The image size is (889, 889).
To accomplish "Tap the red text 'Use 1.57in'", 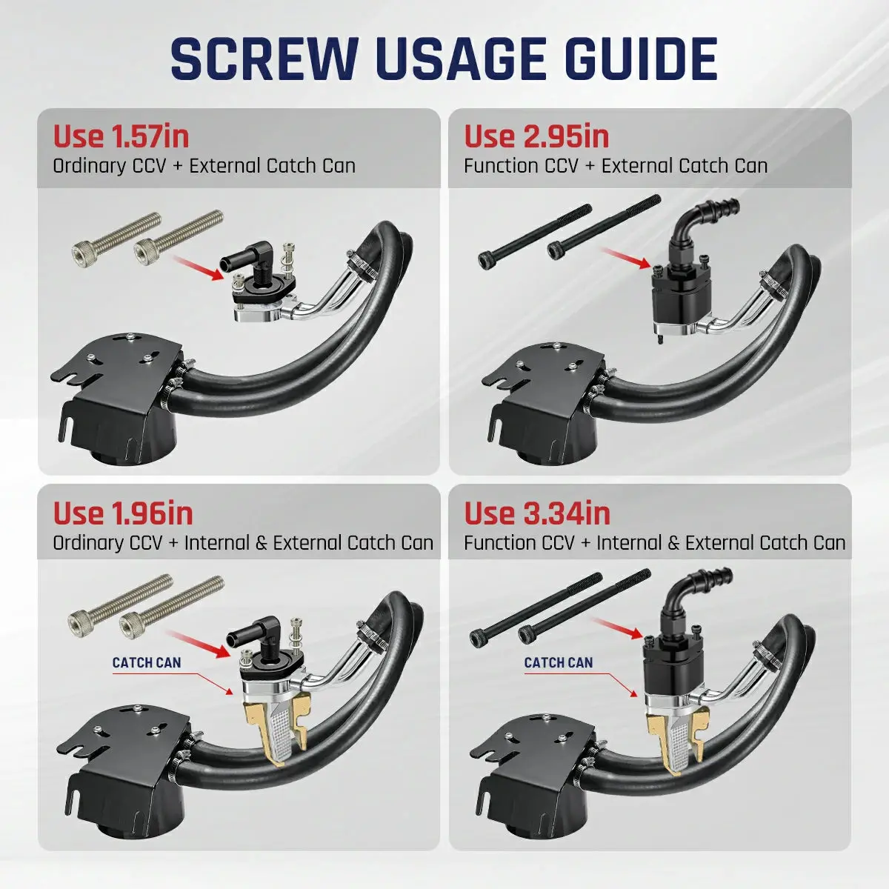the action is [121, 136].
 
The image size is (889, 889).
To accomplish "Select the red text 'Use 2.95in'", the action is [536, 136].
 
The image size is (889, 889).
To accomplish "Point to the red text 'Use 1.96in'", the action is [123, 513].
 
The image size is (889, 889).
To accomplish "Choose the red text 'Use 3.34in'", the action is [537, 513].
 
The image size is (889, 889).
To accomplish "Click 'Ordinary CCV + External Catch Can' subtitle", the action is [204, 166].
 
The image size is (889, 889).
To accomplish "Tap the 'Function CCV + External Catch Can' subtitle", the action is [616, 166].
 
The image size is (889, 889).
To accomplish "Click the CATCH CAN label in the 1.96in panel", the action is [147, 662].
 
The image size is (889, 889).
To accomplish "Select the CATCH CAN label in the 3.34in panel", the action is [559, 662].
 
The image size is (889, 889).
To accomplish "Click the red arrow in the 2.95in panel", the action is [626, 259].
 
